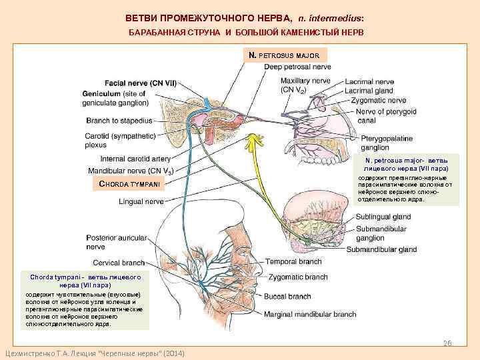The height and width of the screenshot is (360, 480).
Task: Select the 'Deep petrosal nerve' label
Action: click(x=297, y=67)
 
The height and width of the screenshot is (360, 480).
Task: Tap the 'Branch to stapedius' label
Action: click(x=119, y=121)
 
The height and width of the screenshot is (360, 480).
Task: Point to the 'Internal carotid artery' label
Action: click(x=135, y=159)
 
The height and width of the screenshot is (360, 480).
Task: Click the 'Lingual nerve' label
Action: click(x=141, y=201)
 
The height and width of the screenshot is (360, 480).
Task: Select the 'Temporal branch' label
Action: click(x=293, y=262)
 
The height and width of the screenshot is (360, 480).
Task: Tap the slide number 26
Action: click(x=448, y=343)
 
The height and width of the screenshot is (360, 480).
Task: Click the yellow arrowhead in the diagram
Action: click(x=253, y=140)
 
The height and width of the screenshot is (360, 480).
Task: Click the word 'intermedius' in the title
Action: click(x=335, y=17)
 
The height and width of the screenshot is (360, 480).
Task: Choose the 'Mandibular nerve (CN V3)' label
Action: click(x=131, y=171)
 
